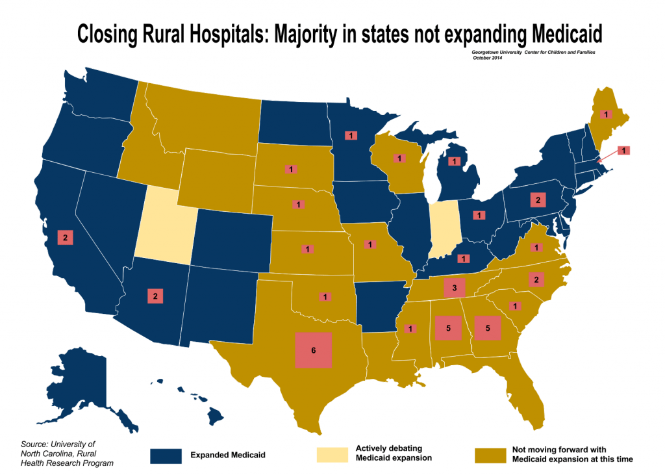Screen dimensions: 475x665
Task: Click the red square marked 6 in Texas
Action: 314,350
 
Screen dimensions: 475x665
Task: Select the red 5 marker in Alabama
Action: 449,329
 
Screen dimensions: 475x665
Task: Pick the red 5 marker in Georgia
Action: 488,329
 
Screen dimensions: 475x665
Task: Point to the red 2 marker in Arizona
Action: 156,296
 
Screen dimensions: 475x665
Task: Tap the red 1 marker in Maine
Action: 605,114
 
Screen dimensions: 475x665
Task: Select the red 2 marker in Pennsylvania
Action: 538,199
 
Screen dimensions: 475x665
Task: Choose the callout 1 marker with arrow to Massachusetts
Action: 623,151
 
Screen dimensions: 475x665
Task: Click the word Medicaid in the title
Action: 564,32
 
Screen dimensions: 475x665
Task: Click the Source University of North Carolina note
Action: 67,453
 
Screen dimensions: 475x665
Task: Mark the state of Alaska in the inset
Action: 84,390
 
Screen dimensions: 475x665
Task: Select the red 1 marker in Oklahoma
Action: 324,296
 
